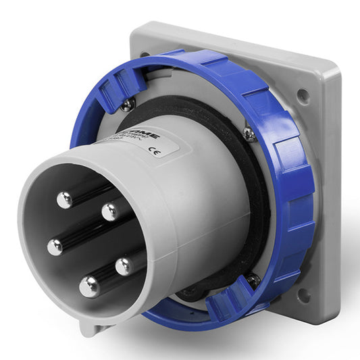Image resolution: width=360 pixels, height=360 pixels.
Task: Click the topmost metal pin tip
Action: click(x=65, y=200)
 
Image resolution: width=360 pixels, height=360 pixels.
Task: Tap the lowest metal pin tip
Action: click(x=89, y=287)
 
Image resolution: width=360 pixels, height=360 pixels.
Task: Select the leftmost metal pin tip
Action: click(x=55, y=247)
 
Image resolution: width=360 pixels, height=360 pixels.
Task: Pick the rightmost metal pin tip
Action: click(x=124, y=265)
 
